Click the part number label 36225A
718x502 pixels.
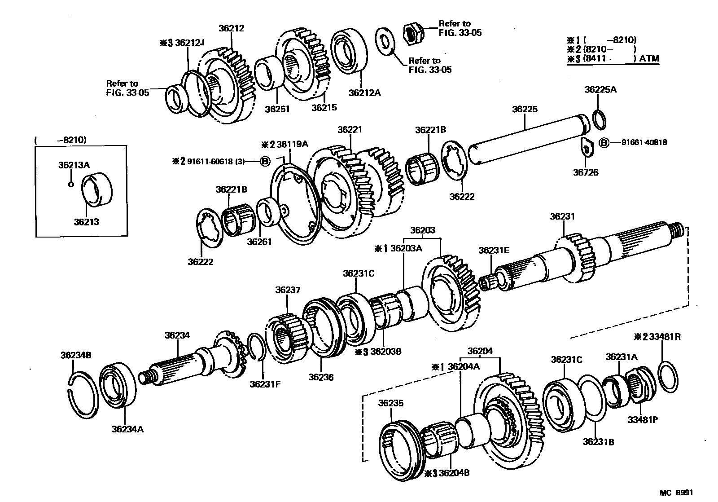point(600,89)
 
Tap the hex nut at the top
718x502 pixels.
point(412,33)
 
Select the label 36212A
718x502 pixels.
point(364,93)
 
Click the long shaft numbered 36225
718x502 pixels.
point(530,137)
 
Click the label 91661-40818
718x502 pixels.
point(644,143)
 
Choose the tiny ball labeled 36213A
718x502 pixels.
point(70,184)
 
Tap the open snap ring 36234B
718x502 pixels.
point(84,394)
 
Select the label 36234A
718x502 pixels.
point(127,429)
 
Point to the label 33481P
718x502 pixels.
point(642,420)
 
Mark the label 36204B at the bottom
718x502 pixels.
point(454,473)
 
